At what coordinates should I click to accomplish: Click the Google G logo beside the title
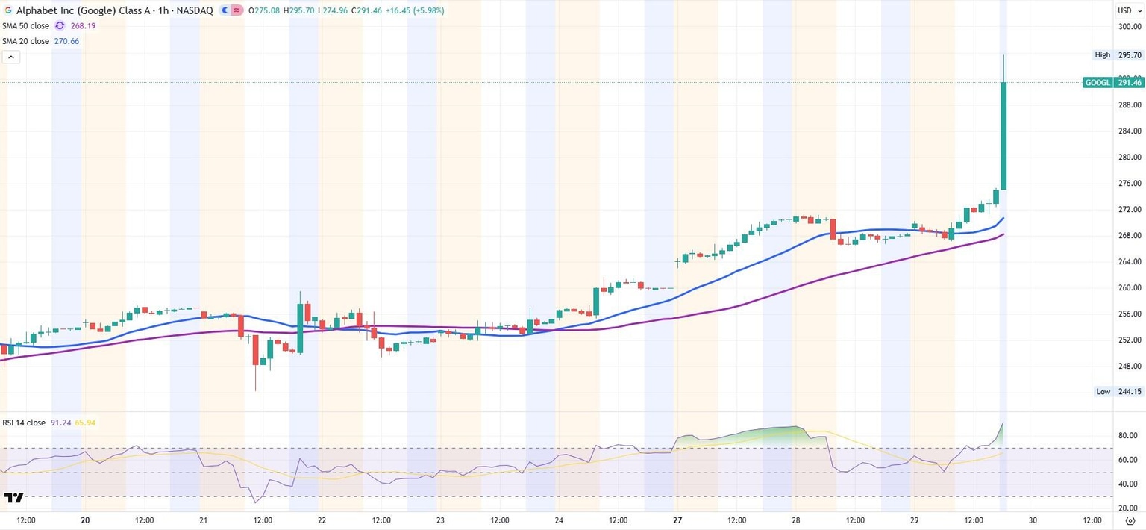pyautogui.click(x=7, y=10)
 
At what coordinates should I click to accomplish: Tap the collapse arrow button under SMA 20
pyautogui.click(x=11, y=57)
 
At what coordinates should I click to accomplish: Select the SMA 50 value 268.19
pyautogui.click(x=83, y=26)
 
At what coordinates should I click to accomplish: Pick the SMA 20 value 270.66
pyautogui.click(x=66, y=41)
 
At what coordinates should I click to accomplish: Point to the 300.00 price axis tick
pyautogui.click(x=1130, y=27)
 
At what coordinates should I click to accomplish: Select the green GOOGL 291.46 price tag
pyautogui.click(x=1113, y=83)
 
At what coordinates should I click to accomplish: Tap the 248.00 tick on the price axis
pyautogui.click(x=1130, y=366)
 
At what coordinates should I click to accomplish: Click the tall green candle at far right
pyautogui.click(x=1004, y=134)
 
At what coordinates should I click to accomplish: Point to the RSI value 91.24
pyautogui.click(x=60, y=423)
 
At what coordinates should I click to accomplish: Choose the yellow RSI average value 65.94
pyautogui.click(x=85, y=423)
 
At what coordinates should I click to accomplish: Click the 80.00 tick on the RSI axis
pyautogui.click(x=1127, y=435)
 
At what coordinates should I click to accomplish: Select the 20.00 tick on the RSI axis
pyautogui.click(x=1127, y=508)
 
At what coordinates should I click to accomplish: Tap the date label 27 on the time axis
pyautogui.click(x=677, y=520)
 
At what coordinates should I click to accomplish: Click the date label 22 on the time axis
pyautogui.click(x=322, y=520)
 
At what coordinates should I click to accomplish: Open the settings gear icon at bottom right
pyautogui.click(x=1130, y=520)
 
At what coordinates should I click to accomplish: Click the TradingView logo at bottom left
pyautogui.click(x=13, y=498)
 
